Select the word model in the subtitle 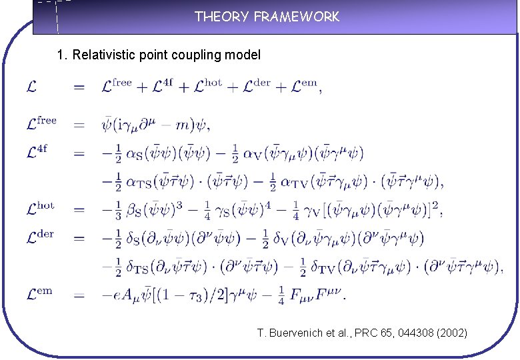tap(243, 55)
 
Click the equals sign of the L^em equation tap(79, 294)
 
